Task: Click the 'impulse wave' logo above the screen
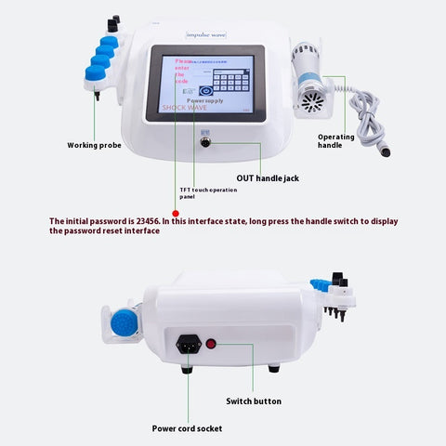[x=206, y=34]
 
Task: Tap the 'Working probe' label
[x=94, y=145]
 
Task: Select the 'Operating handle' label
[x=336, y=141]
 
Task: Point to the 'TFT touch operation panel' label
[x=208, y=193]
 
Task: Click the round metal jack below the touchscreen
[x=206, y=142]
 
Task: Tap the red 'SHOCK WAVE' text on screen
[x=186, y=107]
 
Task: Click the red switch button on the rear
[x=211, y=343]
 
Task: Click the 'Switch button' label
[x=254, y=401]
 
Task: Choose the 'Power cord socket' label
[x=187, y=428]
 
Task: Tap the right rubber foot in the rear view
[x=273, y=369]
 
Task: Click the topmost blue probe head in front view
[x=111, y=41]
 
